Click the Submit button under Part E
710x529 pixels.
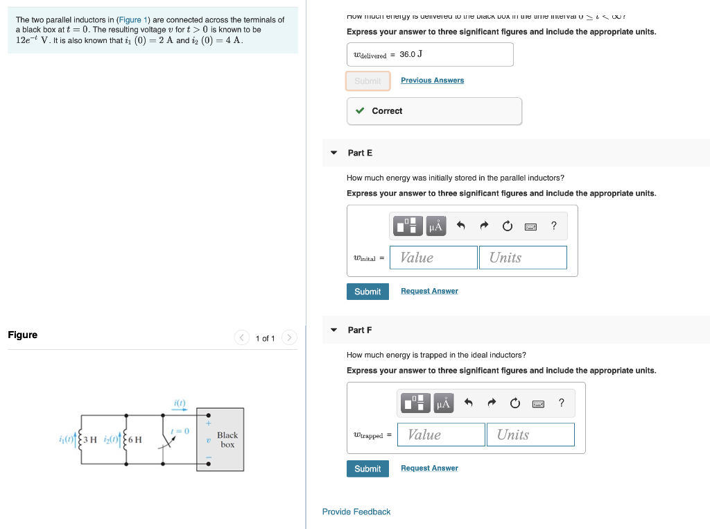tap(367, 292)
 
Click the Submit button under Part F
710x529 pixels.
tap(367, 469)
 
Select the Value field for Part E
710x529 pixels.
tap(433, 258)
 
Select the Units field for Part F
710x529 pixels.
tap(530, 435)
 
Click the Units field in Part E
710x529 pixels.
tap(523, 258)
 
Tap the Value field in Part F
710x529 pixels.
tap(441, 435)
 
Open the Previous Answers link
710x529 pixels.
tap(432, 81)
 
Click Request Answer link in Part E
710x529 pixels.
tap(429, 292)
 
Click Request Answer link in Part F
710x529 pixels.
tap(429, 469)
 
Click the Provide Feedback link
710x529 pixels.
tap(356, 512)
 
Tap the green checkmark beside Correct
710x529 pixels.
tap(360, 111)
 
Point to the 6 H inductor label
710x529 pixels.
tap(135, 439)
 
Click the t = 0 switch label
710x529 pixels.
tap(180, 431)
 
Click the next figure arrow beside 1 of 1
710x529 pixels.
tap(290, 338)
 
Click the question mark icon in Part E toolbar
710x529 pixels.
tap(553, 226)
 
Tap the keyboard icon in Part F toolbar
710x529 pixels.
tap(538, 403)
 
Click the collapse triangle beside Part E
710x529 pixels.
tap(334, 153)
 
